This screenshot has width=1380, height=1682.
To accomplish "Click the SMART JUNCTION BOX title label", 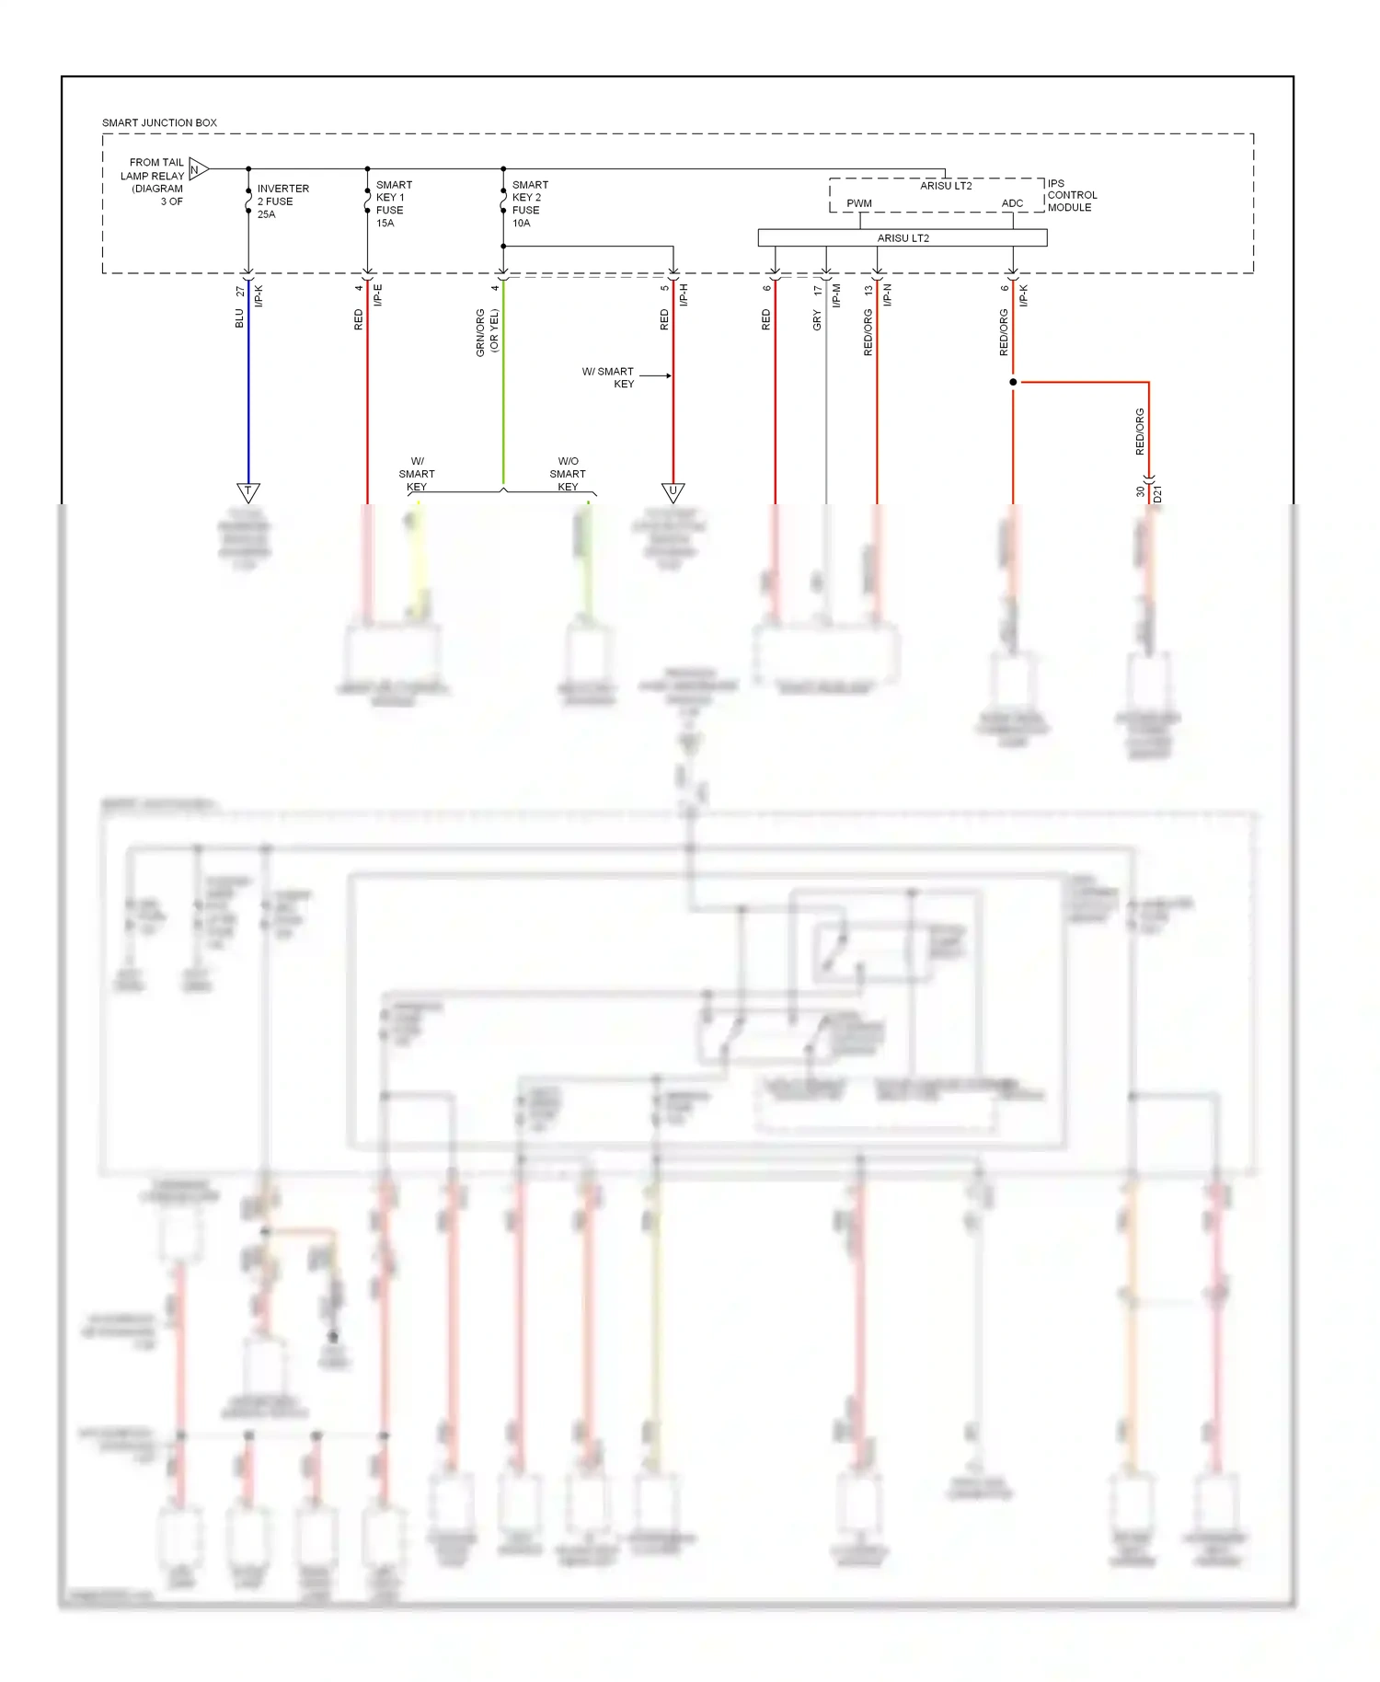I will pyautogui.click(x=159, y=122).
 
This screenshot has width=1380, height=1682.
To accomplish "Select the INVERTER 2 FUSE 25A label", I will pyautogui.click(x=282, y=202).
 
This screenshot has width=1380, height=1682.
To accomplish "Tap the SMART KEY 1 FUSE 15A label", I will pyautogui.click(x=393, y=203).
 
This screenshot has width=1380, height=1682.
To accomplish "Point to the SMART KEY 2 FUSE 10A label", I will pyautogui.click(x=530, y=203).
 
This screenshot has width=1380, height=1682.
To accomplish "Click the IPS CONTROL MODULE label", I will pyautogui.click(x=1071, y=195).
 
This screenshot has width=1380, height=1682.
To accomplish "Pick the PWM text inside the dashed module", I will pyautogui.click(x=859, y=203).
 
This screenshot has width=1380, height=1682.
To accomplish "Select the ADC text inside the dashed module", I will pyautogui.click(x=1012, y=203).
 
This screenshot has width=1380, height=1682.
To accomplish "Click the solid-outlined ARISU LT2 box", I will pyautogui.click(x=902, y=238).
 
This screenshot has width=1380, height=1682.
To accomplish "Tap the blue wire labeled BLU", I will pyautogui.click(x=248, y=386).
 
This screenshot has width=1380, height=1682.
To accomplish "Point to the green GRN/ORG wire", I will pyautogui.click(x=503, y=386).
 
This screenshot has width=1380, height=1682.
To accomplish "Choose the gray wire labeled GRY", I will pyautogui.click(x=826, y=396).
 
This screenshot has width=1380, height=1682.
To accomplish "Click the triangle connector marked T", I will pyautogui.click(x=248, y=492).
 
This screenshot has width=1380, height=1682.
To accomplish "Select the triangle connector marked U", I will pyautogui.click(x=673, y=492).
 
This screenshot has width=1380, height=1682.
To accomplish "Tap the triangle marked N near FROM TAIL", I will pyautogui.click(x=198, y=169).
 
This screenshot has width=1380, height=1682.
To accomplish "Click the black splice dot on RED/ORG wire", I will pyautogui.click(x=1013, y=382).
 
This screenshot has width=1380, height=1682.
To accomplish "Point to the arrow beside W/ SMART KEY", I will pyautogui.click(x=655, y=375).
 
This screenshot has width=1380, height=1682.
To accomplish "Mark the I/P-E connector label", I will pyautogui.click(x=378, y=295).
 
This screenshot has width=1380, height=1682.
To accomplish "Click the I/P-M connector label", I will pyautogui.click(x=836, y=295).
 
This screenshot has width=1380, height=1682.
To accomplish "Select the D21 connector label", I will pyautogui.click(x=1157, y=494).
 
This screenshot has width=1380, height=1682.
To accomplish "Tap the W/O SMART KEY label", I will pyautogui.click(x=568, y=474).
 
